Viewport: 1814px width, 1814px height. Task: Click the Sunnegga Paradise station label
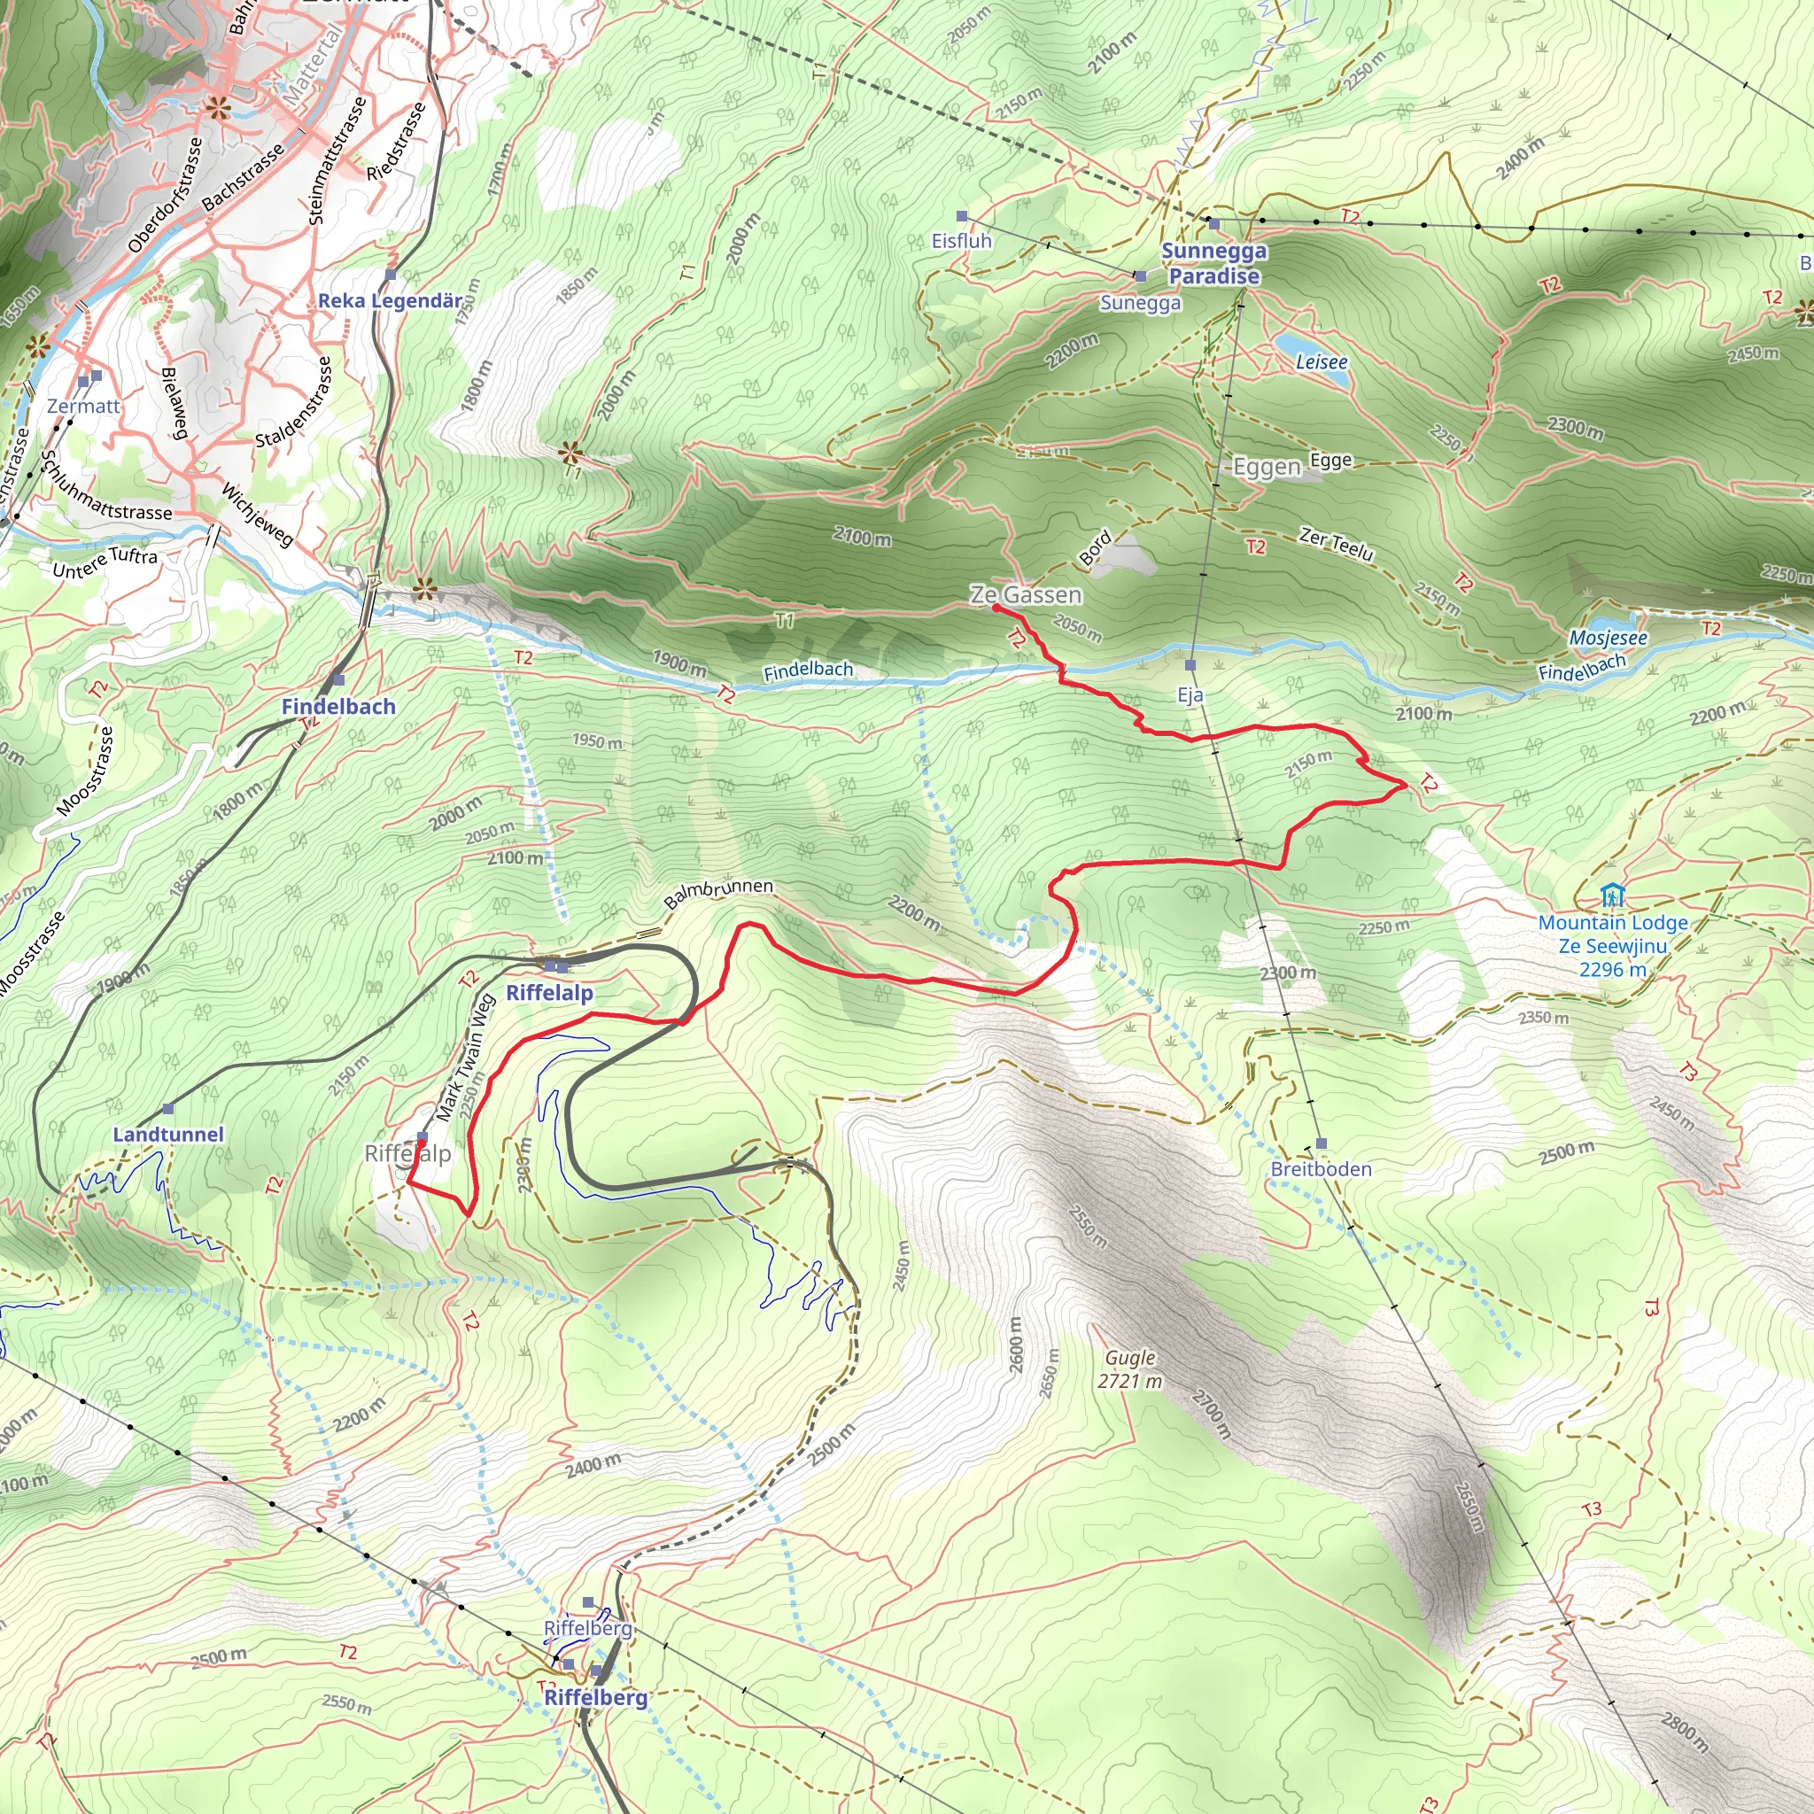[x=1213, y=264]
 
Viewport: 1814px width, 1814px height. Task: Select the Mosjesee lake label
[x=1608, y=639]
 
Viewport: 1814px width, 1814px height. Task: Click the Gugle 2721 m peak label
[x=1129, y=1369]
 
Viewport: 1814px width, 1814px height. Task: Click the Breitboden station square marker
[x=1321, y=1143]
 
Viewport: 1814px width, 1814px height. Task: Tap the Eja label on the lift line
[x=1190, y=694]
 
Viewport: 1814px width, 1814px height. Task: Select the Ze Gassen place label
[x=1026, y=595]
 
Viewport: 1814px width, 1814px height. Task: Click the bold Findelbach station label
[x=338, y=706]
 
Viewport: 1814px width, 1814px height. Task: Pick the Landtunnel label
[x=168, y=1135]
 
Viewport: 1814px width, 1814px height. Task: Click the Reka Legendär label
[x=390, y=300]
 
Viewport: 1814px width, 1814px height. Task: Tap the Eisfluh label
[x=960, y=241]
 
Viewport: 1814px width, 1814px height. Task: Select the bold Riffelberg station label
[x=595, y=1698]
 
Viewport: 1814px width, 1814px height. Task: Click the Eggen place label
[x=1266, y=467]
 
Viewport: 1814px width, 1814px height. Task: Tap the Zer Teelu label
[x=1335, y=544]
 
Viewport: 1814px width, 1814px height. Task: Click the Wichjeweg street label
[x=257, y=515]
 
